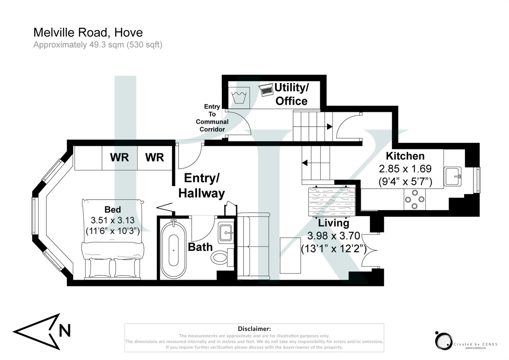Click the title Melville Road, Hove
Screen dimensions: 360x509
click(88, 32)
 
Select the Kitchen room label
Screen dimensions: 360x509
click(405, 156)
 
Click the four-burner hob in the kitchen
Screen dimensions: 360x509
click(414, 199)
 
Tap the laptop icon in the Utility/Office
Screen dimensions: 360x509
click(266, 90)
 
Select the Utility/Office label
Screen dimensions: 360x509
click(291, 94)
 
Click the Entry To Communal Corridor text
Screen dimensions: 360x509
click(212, 118)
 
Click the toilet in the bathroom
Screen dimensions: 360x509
click(220, 257)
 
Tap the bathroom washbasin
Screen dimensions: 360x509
click(226, 232)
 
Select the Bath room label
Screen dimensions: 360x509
click(200, 247)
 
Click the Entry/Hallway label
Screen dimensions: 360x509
click(202, 186)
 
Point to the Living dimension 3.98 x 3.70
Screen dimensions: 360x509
click(333, 236)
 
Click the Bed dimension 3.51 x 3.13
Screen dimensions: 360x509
click(113, 220)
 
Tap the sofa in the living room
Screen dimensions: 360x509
click(253, 246)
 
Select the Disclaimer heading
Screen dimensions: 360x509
click(254, 329)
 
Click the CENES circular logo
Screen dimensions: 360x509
click(443, 341)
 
